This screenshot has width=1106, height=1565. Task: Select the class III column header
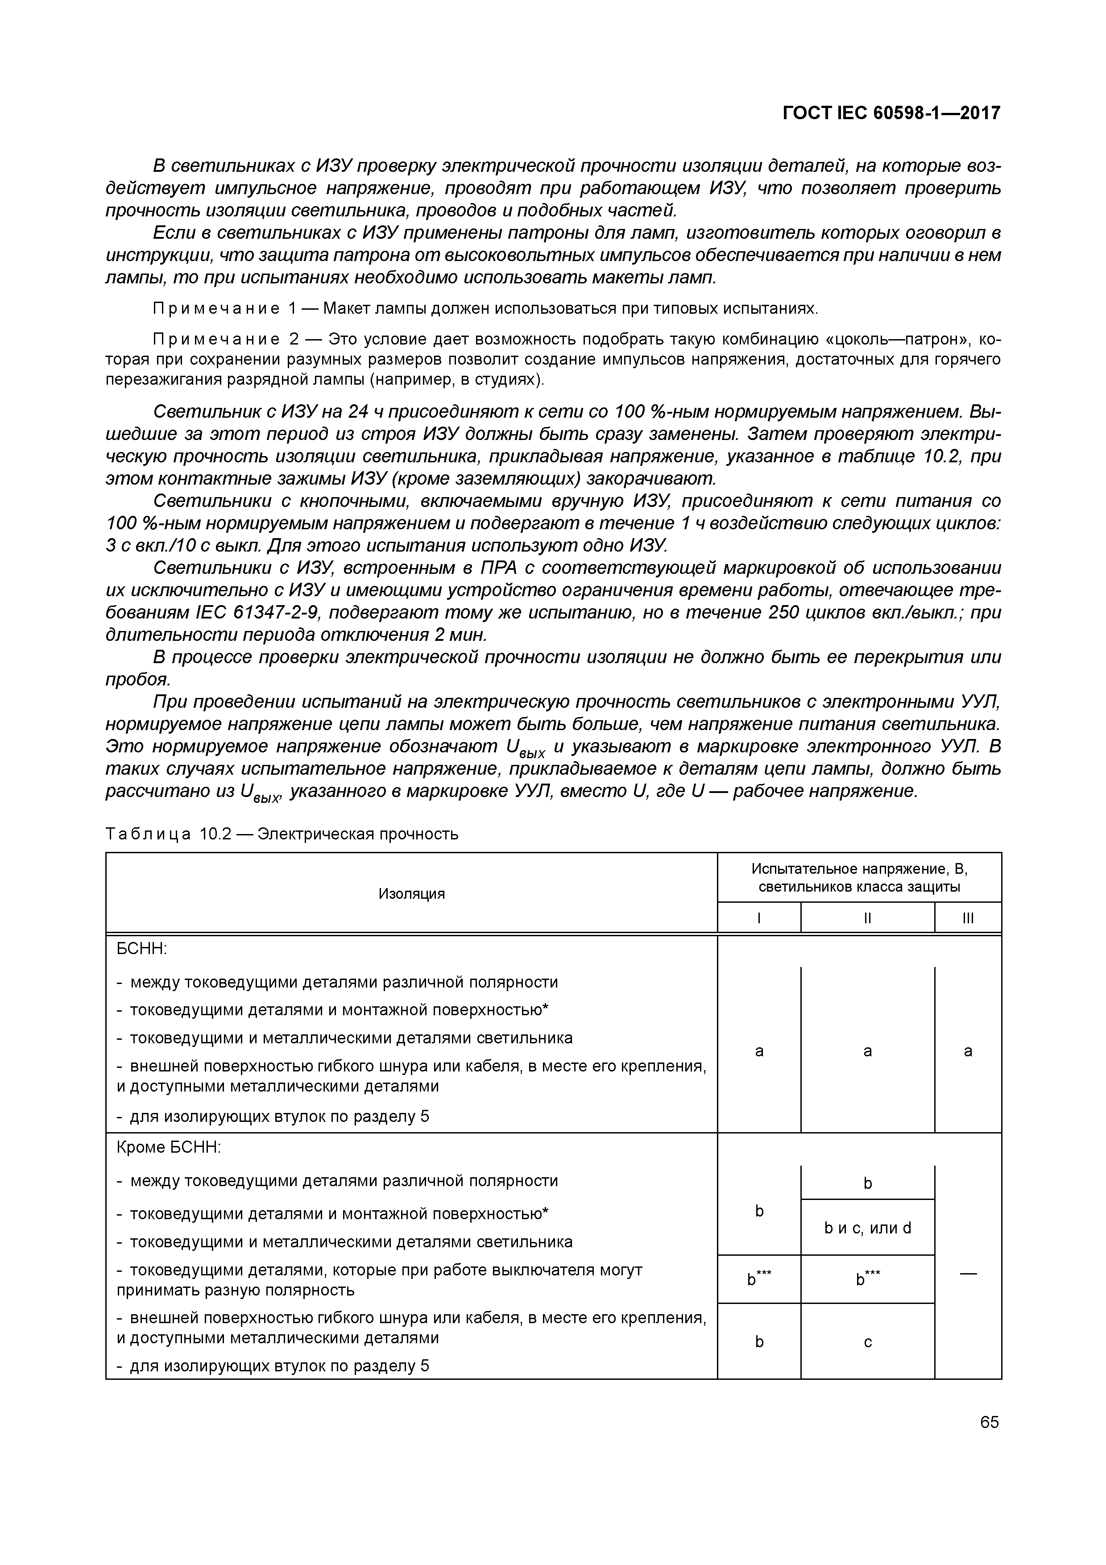tap(968, 918)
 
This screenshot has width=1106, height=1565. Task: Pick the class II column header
tap(867, 918)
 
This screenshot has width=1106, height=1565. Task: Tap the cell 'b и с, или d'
tap(867, 1228)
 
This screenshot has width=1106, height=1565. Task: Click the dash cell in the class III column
tap(968, 1272)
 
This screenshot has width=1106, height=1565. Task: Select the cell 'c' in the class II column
tap(867, 1341)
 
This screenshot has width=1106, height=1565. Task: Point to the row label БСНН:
tap(142, 949)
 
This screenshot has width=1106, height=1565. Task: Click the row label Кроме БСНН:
tap(169, 1147)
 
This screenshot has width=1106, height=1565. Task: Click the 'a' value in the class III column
tap(968, 1052)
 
